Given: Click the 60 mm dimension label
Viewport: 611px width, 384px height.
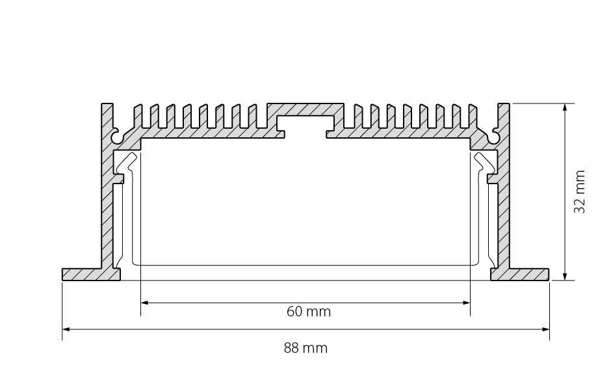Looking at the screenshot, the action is tap(309, 311).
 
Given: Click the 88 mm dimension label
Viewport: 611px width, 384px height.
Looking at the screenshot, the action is tap(305, 348).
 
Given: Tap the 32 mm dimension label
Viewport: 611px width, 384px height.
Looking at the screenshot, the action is tap(580, 191).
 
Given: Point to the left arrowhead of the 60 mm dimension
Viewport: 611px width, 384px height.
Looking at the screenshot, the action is tap(144, 303).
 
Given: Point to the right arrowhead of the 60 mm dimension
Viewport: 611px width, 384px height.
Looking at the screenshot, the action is tap(466, 303).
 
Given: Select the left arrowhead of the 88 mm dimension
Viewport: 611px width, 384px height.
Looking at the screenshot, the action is tap(66, 329).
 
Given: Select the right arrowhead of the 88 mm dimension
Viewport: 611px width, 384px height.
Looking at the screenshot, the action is tap(545, 329).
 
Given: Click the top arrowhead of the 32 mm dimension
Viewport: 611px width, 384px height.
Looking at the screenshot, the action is tap(565, 107).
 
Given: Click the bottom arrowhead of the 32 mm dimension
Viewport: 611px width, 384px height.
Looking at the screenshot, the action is tap(565, 276).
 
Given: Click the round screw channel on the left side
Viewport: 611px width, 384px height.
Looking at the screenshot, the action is tap(116, 137).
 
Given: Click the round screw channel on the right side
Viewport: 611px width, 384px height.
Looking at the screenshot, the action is tap(495, 137).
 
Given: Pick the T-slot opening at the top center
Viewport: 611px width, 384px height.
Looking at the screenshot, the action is tap(305, 126).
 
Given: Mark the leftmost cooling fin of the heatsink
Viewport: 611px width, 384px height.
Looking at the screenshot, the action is tap(138, 116).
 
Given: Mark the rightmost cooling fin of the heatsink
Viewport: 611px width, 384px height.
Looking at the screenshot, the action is tap(473, 116).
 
